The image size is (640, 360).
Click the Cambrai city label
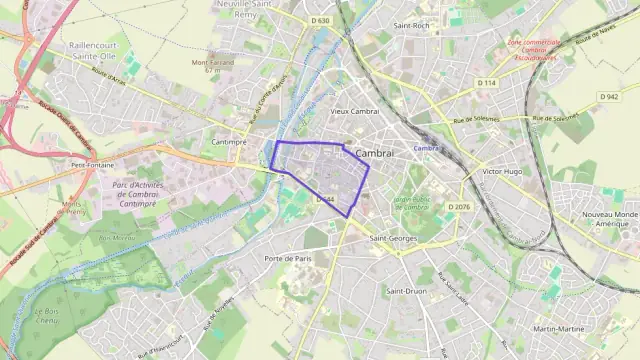(375, 153)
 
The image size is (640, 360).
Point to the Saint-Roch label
(411, 25)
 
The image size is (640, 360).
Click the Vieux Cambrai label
(353, 111)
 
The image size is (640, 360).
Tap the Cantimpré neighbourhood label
(229, 142)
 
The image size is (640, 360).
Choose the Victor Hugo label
(503, 172)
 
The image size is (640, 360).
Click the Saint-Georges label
(392, 239)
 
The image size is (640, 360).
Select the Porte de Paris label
(288, 258)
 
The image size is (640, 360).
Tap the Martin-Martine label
(559, 329)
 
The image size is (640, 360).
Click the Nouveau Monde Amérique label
(610, 220)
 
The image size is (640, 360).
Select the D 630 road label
(320, 20)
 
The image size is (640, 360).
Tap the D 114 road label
(486, 82)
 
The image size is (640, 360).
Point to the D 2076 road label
(459, 206)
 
